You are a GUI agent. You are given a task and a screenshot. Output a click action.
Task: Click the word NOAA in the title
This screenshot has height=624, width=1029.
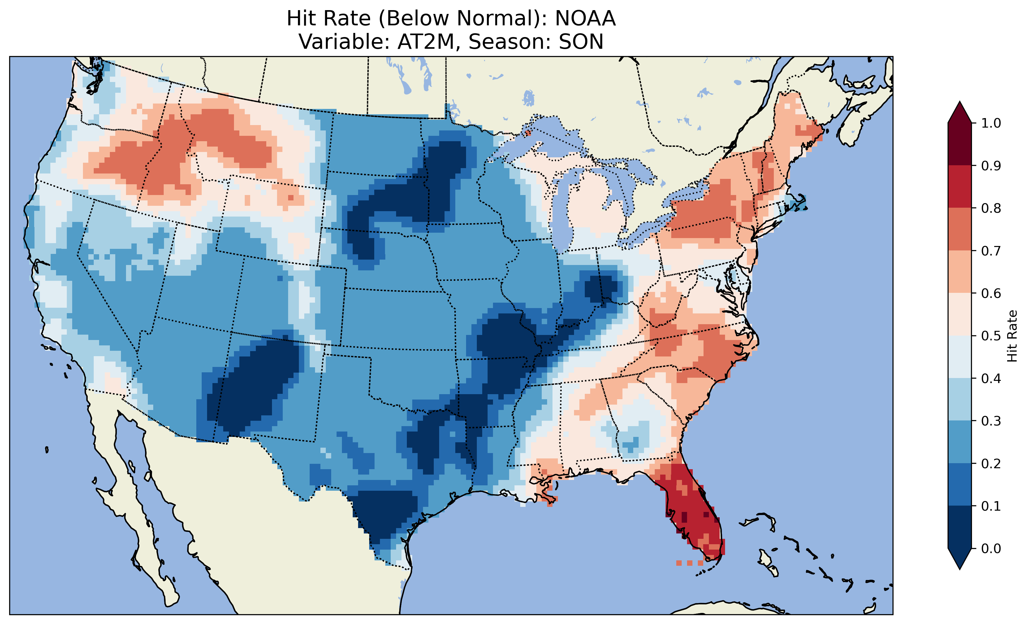(x=585, y=19)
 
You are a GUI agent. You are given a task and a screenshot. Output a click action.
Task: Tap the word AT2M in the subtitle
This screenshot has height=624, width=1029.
(x=426, y=42)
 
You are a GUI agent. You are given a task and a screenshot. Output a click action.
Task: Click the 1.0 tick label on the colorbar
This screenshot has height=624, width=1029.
(x=991, y=123)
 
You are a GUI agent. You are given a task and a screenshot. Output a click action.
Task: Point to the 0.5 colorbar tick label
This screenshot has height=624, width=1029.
(x=991, y=336)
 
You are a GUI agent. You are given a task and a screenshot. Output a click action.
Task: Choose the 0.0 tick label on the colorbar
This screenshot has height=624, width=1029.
(x=991, y=548)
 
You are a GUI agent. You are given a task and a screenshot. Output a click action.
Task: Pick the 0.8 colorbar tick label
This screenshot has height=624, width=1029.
(x=991, y=208)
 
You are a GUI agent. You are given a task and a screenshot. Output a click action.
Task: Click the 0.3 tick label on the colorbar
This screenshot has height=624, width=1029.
(x=991, y=421)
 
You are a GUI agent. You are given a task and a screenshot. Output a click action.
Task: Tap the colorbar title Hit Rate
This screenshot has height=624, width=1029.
(x=1012, y=336)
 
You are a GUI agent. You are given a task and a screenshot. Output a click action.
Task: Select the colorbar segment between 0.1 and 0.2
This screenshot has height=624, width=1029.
(x=959, y=484)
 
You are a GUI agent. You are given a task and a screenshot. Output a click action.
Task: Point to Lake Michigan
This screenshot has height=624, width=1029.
(x=562, y=209)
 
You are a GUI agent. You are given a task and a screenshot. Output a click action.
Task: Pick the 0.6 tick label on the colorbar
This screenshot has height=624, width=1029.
(x=991, y=293)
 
